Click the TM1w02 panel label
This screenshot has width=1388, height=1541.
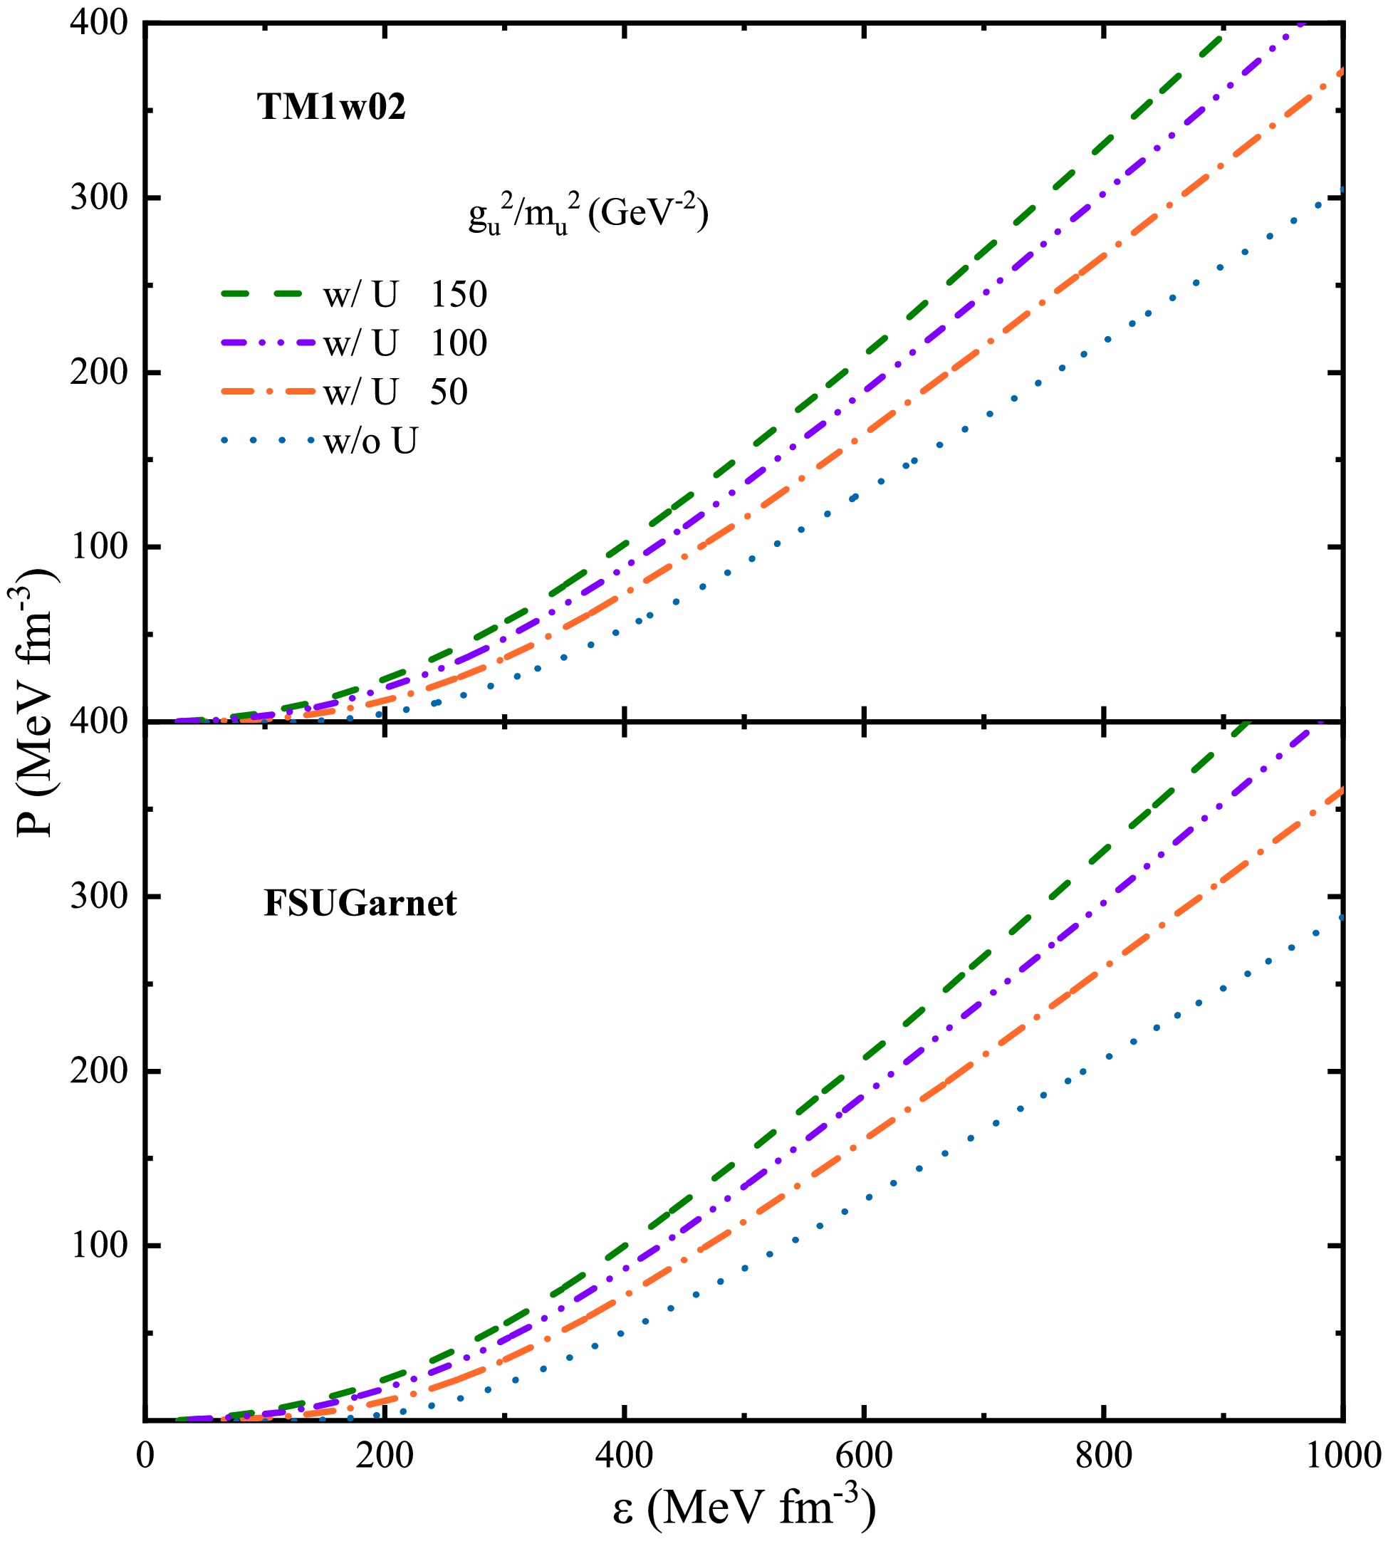331,107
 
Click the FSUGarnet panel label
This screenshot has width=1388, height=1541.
360,904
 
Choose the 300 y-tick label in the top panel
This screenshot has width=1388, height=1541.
98,198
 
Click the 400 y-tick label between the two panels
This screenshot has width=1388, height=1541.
98,721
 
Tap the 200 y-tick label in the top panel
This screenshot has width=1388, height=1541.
98,373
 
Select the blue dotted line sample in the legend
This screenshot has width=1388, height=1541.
267,441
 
